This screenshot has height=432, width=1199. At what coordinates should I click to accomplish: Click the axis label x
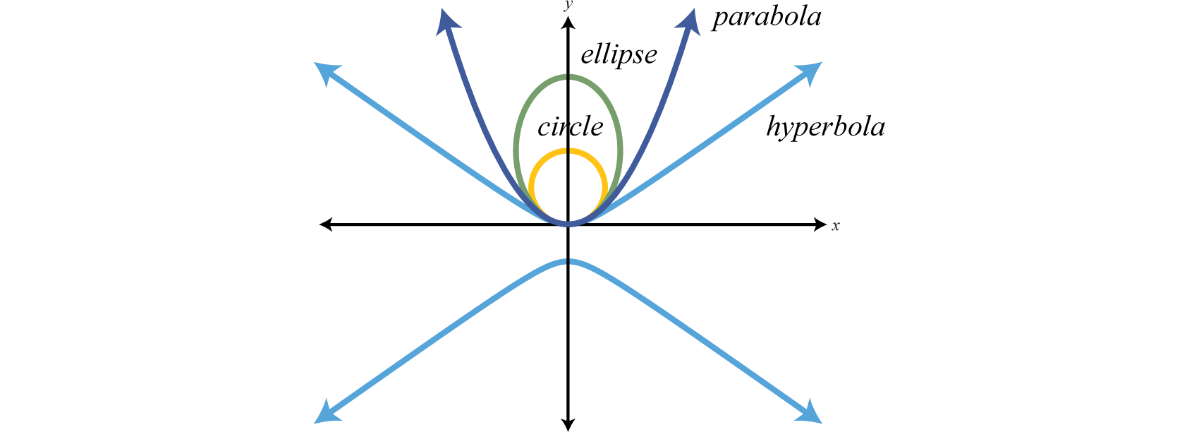coord(836,227)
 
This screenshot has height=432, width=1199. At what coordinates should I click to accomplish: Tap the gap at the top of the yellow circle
coord(568,150)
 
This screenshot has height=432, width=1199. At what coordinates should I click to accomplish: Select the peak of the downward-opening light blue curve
coord(568,262)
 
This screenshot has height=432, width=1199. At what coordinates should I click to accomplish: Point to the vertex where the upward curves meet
coord(568,224)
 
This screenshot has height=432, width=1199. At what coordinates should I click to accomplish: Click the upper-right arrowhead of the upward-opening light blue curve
coord(812,71)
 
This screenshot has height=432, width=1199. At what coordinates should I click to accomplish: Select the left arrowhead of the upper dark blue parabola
coord(446,21)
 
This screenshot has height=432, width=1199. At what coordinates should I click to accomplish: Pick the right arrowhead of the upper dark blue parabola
coord(690,21)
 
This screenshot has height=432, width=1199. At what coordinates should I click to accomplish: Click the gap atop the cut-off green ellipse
coord(568,363)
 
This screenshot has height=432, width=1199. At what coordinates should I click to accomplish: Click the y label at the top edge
coord(568,6)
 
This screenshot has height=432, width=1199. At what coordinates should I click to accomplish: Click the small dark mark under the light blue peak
coord(568,290)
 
